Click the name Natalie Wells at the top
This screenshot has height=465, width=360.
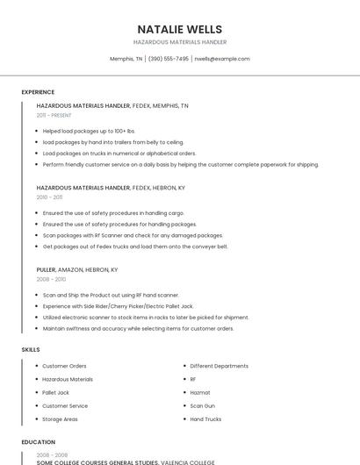tap(180, 29)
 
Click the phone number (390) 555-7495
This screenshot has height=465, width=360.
tap(168, 59)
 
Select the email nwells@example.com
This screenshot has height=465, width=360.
tap(222, 59)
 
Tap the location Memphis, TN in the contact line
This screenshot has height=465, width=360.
tap(126, 59)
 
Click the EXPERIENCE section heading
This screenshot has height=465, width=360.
tap(38, 92)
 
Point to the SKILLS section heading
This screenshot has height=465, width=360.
tap(31, 349)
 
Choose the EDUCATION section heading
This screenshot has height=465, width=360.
tap(39, 442)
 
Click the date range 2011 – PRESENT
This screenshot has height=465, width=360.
tap(54, 115)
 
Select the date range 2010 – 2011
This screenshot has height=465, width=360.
tap(49, 197)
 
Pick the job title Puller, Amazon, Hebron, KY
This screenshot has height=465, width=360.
tap(77, 269)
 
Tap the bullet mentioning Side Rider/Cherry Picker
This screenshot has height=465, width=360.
tap(118, 306)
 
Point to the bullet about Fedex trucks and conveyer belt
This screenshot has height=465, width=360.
tap(135, 247)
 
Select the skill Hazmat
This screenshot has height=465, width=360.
tap(200, 392)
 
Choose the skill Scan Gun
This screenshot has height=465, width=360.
tap(203, 406)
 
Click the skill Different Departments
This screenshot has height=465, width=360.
tap(220, 366)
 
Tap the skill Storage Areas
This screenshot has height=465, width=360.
tap(60, 419)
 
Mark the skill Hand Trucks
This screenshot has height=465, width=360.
tap(205, 419)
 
